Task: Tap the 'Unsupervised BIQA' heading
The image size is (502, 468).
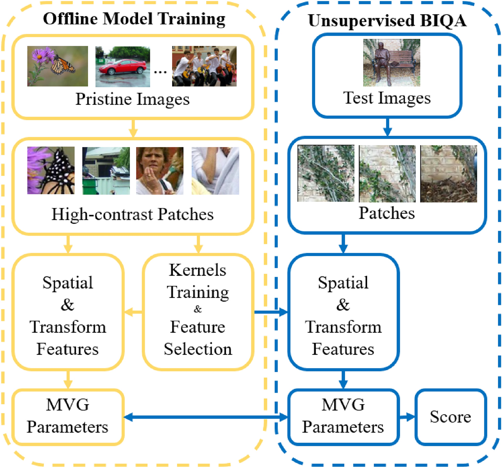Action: click(x=387, y=21)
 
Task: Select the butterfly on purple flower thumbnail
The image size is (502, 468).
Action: click(x=58, y=66)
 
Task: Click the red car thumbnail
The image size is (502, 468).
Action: click(x=123, y=67)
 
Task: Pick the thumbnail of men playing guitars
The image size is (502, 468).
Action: click(x=204, y=66)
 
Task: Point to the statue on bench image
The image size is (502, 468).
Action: click(x=391, y=63)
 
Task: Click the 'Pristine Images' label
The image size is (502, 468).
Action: click(x=132, y=99)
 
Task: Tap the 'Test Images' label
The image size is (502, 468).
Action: click(x=387, y=98)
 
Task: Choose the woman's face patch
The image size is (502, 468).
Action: click(x=160, y=171)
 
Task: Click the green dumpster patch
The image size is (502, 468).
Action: click(x=106, y=171)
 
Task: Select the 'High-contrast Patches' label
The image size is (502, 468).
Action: click(x=132, y=214)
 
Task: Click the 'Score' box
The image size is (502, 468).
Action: click(x=450, y=417)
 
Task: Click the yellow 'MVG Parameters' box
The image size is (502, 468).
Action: click(x=68, y=417)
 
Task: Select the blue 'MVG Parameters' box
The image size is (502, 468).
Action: click(x=343, y=417)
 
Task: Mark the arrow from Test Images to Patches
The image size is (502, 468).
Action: click(x=387, y=127)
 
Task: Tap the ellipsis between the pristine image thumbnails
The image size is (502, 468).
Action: click(x=160, y=71)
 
